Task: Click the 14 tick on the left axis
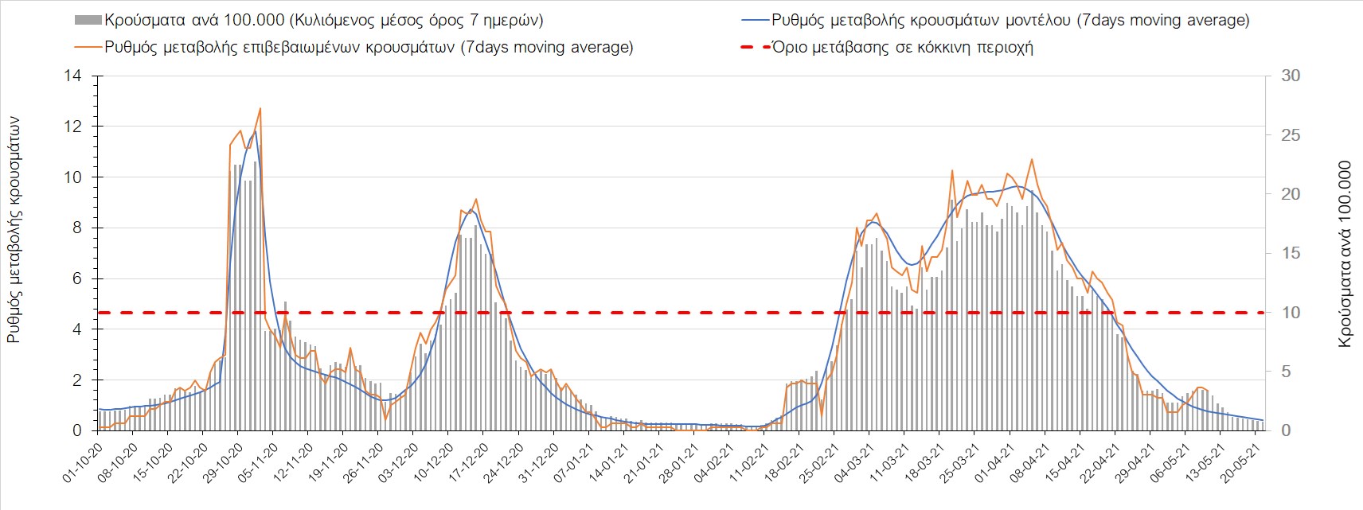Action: click(73, 76)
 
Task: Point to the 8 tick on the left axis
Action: click(77, 228)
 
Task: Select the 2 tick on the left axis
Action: click(77, 380)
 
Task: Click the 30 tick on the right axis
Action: click(1290, 76)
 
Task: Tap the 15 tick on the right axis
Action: click(1290, 254)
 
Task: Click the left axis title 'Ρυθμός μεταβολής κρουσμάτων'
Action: click(14, 230)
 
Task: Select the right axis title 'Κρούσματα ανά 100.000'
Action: click(1345, 254)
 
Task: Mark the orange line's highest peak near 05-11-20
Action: click(260, 108)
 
